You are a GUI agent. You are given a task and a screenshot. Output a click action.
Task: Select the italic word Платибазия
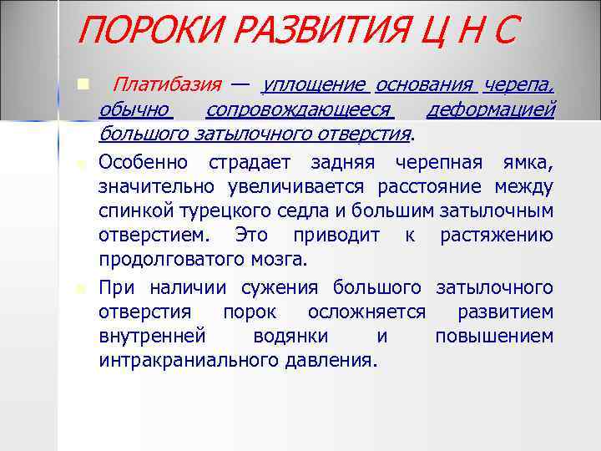[167, 85]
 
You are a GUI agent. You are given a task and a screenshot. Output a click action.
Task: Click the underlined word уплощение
[313, 85]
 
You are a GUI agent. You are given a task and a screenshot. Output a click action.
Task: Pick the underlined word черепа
[518, 85]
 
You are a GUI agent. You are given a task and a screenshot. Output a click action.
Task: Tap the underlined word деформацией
[490, 110]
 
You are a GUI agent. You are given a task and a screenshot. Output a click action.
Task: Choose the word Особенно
[143, 161]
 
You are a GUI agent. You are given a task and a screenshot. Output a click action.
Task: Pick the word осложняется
[366, 312]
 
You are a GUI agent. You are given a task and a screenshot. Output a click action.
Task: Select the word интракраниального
[188, 361]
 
